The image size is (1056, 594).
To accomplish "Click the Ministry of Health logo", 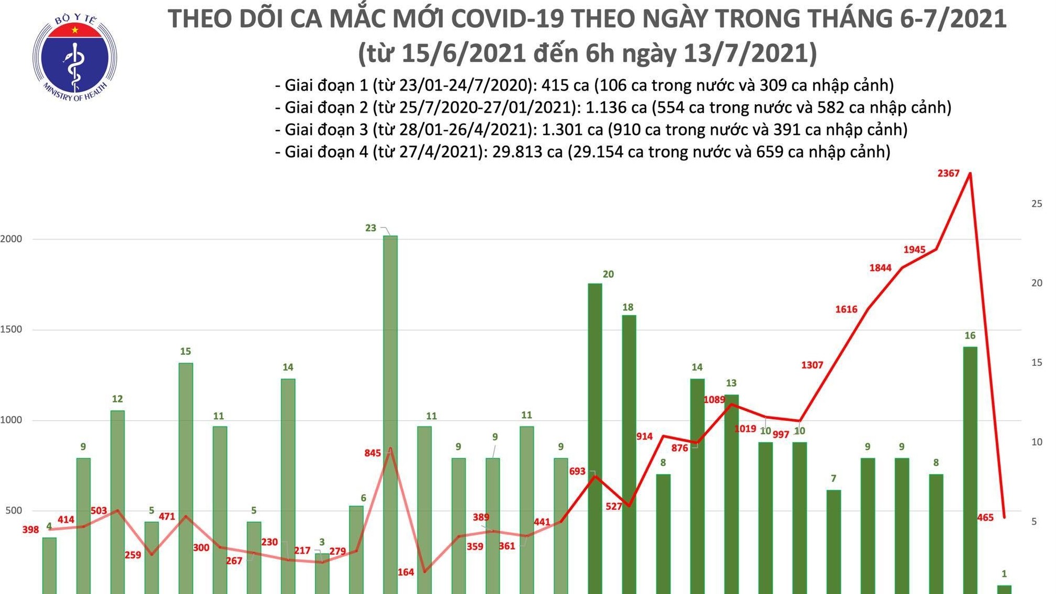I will (75, 57).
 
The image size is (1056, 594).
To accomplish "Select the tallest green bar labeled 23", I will (390, 413).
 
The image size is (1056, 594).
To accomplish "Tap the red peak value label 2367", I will (948, 173).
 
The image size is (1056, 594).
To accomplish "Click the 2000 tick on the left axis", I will (12, 239).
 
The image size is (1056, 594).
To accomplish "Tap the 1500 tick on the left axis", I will (12, 330).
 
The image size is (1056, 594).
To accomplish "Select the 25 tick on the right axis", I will (1037, 204).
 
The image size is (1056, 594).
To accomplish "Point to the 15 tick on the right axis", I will (1037, 363).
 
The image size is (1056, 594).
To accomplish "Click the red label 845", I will (373, 453).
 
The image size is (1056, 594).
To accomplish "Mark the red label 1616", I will (846, 309).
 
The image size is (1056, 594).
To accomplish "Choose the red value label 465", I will (985, 518).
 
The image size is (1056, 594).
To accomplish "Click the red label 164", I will (406, 573).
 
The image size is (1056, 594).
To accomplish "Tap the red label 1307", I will (812, 365).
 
